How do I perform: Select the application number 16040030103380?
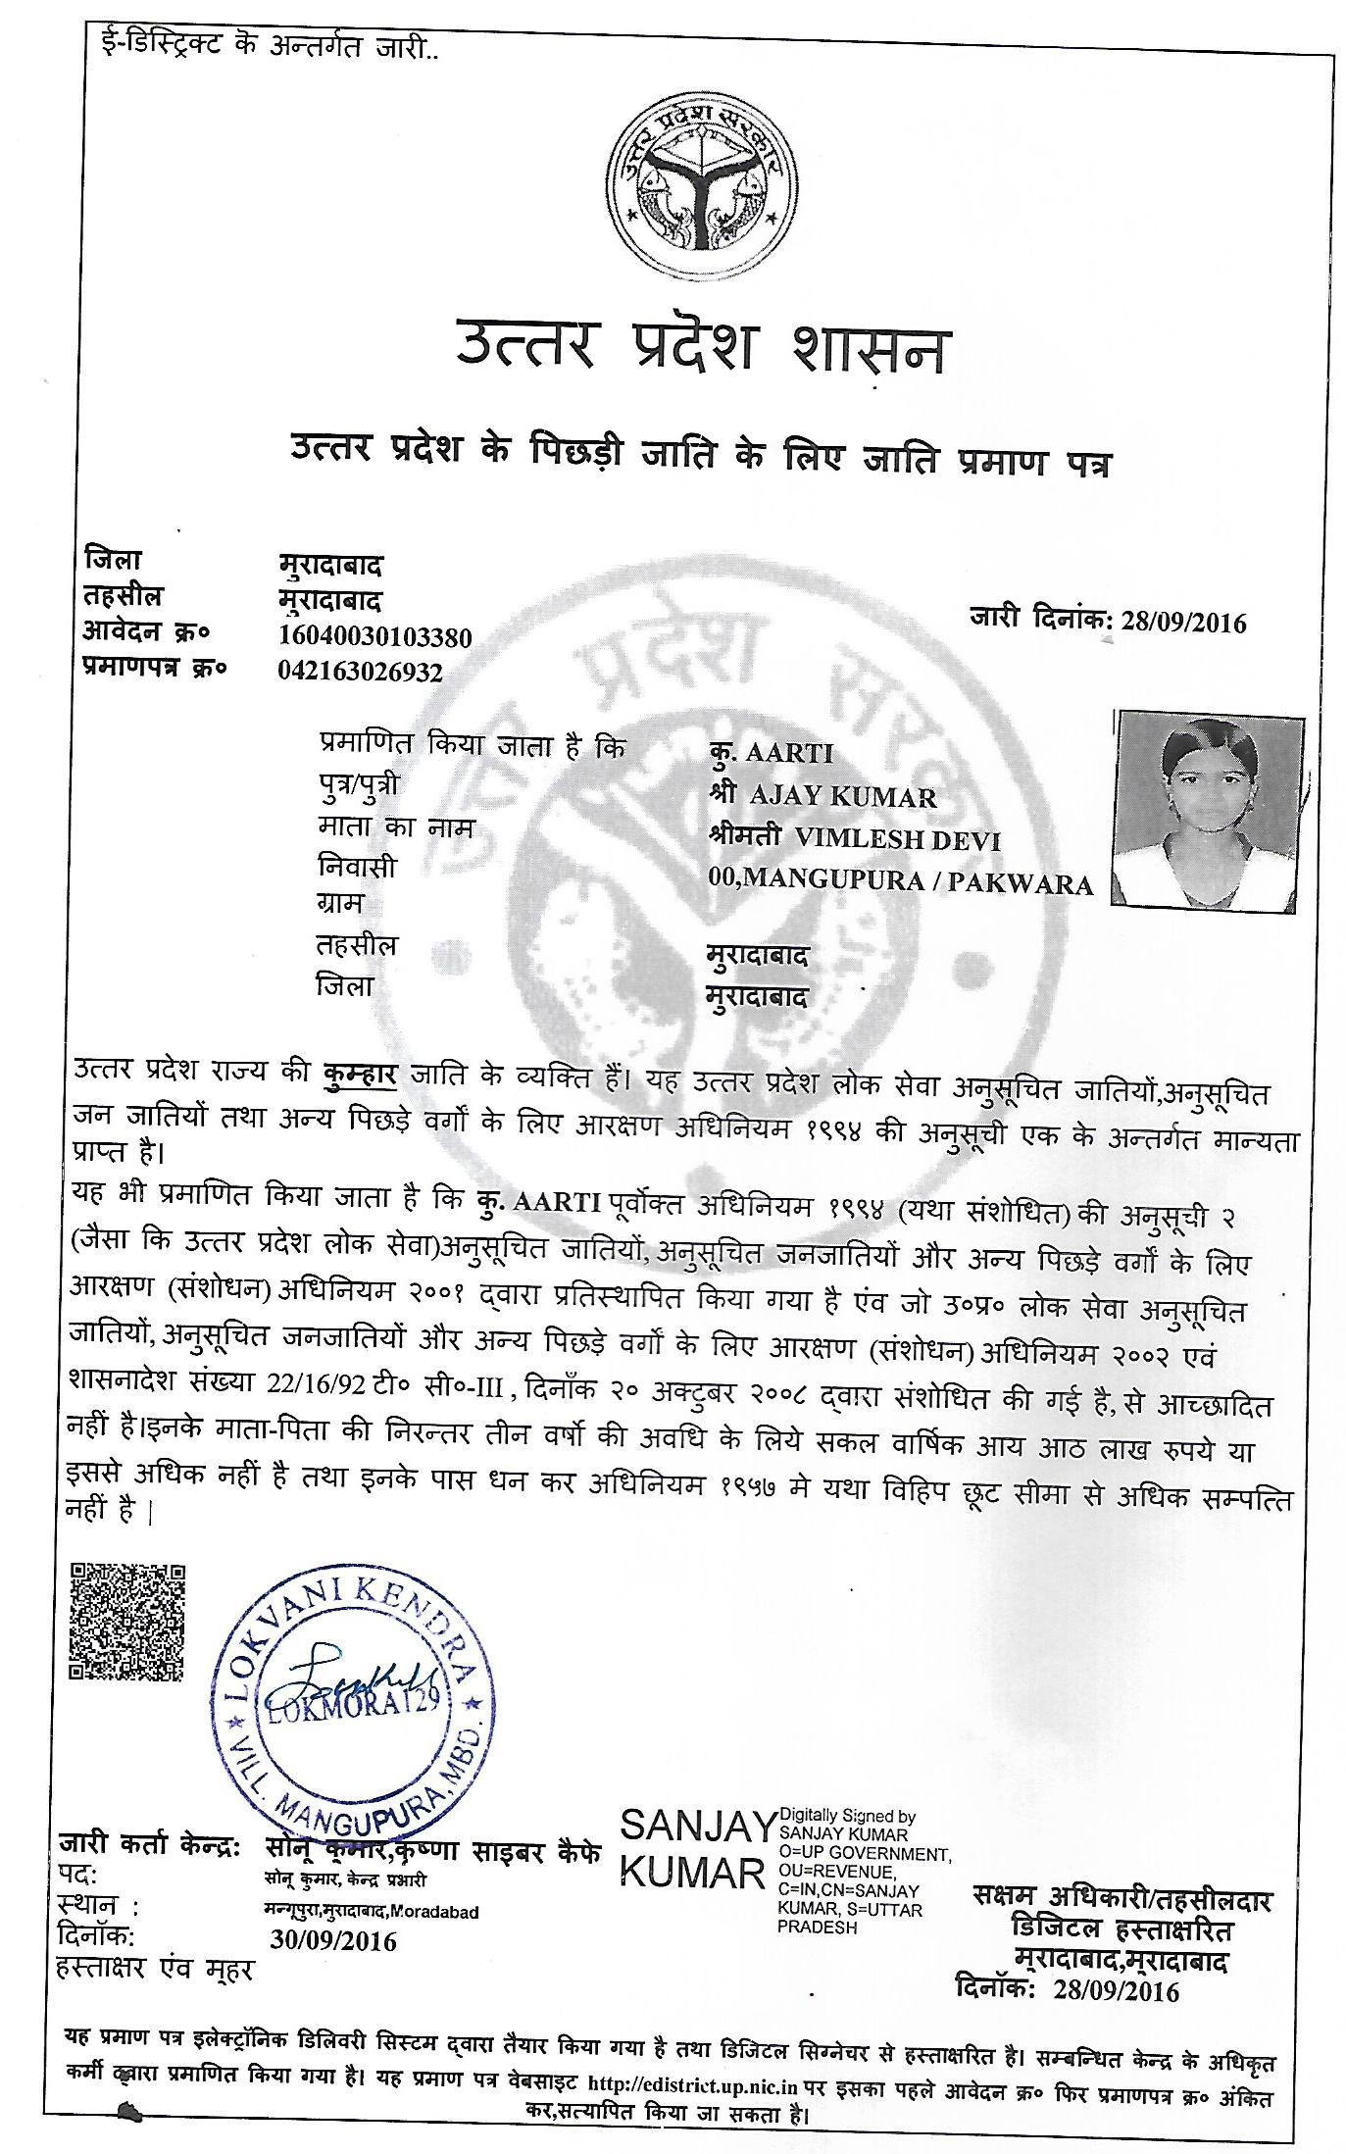375,637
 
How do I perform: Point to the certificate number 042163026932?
361,673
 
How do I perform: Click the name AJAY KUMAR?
842,797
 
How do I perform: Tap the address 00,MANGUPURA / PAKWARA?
900,882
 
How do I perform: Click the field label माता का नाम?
396,828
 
